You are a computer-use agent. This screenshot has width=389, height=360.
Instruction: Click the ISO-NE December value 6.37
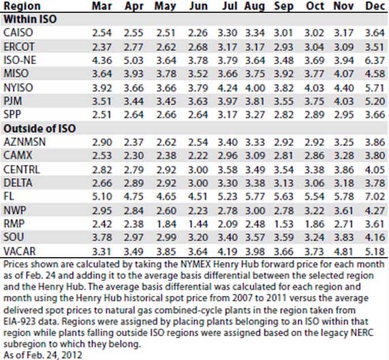point(375,60)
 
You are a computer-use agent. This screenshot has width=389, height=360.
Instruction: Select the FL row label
point(9,196)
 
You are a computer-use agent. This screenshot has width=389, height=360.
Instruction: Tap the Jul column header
point(230,6)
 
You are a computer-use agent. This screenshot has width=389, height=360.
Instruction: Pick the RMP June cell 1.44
point(198,224)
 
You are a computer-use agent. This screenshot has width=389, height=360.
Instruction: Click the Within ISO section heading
point(30,19)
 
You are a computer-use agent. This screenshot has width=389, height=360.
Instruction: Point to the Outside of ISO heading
point(40,128)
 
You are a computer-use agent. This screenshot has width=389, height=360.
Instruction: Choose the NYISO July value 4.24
point(228,88)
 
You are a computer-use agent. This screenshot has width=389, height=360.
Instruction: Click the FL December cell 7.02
point(375,196)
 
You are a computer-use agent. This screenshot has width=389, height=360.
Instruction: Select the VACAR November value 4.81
point(343,252)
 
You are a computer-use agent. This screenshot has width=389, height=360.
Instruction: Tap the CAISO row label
point(18,33)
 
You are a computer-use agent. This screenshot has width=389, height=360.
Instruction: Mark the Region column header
point(22,6)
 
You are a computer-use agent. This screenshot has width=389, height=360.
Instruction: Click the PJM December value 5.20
point(375,101)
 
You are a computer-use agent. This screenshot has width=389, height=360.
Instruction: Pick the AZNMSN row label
point(25,142)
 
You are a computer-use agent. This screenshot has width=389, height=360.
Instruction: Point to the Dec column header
point(375,6)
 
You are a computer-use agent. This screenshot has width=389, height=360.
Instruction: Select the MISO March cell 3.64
point(102,74)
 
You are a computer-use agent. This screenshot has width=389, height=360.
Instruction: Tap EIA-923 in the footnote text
point(18,322)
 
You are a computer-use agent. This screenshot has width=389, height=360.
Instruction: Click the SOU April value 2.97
point(134,237)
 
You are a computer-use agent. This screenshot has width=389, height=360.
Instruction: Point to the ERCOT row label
point(19,46)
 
